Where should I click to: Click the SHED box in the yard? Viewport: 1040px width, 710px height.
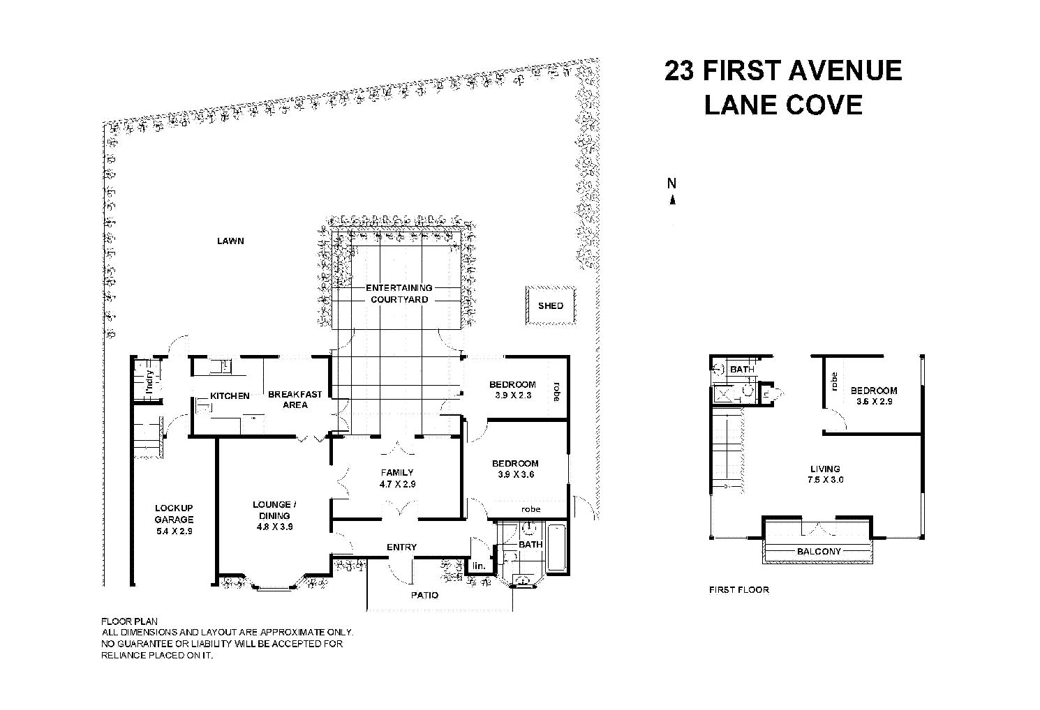pyautogui.click(x=551, y=305)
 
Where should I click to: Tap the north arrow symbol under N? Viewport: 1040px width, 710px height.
pyautogui.click(x=672, y=200)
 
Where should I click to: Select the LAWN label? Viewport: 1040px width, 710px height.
pyautogui.click(x=230, y=241)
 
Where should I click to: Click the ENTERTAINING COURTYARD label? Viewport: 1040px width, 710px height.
pyautogui.click(x=399, y=294)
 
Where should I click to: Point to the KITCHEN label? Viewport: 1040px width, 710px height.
pyautogui.click(x=230, y=396)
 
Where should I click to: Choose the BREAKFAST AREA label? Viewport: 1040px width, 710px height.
pyautogui.click(x=295, y=400)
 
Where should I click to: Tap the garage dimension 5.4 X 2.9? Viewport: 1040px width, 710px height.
pyautogui.click(x=174, y=531)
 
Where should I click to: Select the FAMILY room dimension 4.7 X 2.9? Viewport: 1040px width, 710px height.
pyautogui.click(x=397, y=484)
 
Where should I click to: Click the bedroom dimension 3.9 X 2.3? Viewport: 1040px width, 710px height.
pyautogui.click(x=512, y=396)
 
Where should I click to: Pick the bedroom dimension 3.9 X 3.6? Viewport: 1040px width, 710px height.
pyautogui.click(x=515, y=475)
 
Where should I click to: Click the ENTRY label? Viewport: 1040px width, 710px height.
pyautogui.click(x=401, y=547)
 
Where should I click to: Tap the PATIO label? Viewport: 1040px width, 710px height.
pyautogui.click(x=424, y=595)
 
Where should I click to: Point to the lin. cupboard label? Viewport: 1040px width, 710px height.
pyautogui.click(x=479, y=566)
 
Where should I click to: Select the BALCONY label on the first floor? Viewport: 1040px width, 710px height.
pyautogui.click(x=819, y=551)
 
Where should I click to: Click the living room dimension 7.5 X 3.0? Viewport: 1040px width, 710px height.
pyautogui.click(x=824, y=480)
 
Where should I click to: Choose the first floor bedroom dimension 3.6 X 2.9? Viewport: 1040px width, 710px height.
pyautogui.click(x=873, y=402)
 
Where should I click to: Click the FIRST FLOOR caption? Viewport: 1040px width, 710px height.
pyautogui.click(x=738, y=590)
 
